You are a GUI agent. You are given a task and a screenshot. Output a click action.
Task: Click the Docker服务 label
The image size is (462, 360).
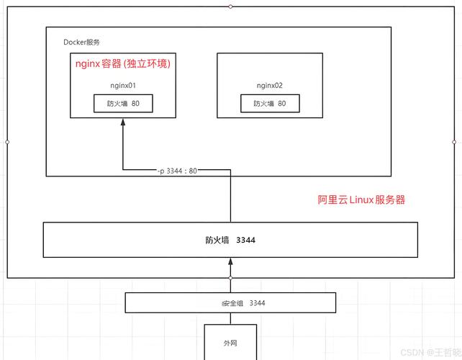[x=81, y=42]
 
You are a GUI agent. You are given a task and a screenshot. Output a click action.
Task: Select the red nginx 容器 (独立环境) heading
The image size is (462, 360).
[x=123, y=63]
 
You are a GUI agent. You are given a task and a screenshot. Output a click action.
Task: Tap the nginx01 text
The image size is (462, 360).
[x=123, y=86]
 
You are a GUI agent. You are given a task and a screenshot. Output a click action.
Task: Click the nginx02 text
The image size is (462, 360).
[x=270, y=86]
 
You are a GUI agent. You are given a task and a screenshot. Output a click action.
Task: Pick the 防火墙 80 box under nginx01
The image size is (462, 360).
[x=123, y=104]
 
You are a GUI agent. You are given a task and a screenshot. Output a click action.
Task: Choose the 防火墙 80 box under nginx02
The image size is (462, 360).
[x=270, y=104]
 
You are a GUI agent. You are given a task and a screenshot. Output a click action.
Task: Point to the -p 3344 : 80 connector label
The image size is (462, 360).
[x=177, y=171]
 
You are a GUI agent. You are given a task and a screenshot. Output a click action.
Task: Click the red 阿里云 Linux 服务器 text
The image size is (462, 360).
[x=361, y=199]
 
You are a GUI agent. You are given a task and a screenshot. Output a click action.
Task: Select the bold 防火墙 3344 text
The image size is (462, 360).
[x=230, y=240]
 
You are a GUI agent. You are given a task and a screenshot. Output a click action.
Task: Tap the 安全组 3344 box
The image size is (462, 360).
[x=230, y=303]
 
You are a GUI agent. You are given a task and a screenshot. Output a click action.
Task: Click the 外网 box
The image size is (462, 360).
[x=230, y=342]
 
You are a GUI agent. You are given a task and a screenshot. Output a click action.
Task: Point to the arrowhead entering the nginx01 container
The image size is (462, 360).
[x=123, y=122]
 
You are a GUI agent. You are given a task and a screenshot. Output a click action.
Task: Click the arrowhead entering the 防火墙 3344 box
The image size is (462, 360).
[x=230, y=261]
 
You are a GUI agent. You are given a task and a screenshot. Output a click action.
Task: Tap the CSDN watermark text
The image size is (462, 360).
[x=431, y=352]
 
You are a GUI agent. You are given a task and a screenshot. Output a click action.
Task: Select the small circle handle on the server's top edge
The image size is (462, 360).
[x=230, y=6]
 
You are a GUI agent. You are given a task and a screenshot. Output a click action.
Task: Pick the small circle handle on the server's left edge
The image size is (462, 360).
[x=7, y=142]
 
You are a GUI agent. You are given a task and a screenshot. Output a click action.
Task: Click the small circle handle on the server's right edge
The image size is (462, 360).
[x=454, y=142]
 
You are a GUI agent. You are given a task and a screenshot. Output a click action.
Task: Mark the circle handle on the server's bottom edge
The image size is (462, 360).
[x=230, y=278]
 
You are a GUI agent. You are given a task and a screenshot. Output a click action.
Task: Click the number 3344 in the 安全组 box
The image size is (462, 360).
[x=257, y=303]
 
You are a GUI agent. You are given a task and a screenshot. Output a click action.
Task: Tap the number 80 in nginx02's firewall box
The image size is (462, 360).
[x=282, y=104]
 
